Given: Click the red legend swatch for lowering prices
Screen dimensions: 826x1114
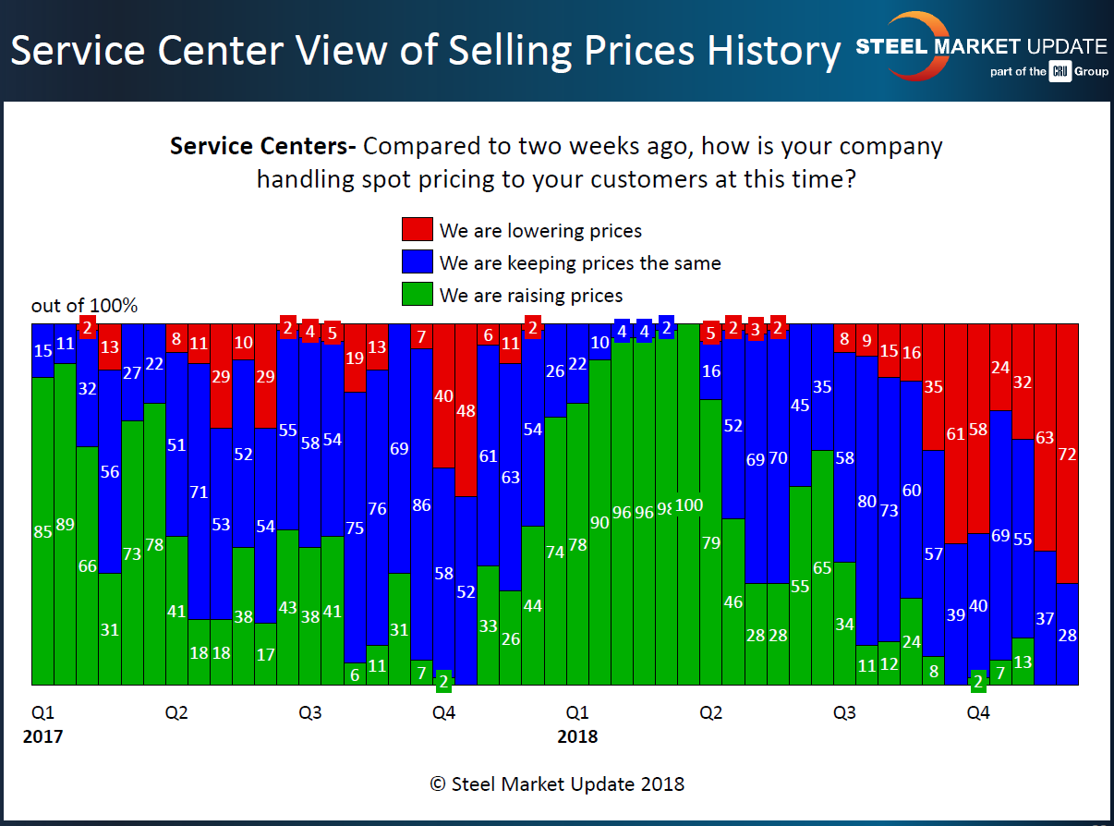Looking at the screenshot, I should tap(416, 230).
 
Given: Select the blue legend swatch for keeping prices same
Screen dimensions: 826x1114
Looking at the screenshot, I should tap(416, 262).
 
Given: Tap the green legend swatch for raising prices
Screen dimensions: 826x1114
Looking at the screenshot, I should tap(416, 295).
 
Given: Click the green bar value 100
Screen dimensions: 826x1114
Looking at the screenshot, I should tap(689, 505).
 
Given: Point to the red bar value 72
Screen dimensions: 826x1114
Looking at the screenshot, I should tap(1067, 454).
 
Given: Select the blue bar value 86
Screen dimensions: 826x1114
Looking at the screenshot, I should tap(421, 505).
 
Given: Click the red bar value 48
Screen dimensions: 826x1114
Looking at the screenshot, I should tap(466, 410).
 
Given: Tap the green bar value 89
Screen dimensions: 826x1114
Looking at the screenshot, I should tap(65, 525).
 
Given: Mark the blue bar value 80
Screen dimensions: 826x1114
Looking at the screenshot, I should tap(866, 502).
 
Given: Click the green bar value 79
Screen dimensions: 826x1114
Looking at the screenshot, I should tap(710, 542).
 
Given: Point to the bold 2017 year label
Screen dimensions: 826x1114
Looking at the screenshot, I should tap(42, 736).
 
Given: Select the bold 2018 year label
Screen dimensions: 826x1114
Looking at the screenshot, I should tap(577, 736).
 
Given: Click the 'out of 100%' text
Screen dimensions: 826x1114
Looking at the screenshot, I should tap(84, 306).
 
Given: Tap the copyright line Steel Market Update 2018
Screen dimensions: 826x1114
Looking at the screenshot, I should tap(557, 783).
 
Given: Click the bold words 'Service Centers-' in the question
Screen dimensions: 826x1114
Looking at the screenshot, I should tap(263, 146).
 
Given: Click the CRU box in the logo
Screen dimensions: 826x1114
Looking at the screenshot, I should tap(1059, 71).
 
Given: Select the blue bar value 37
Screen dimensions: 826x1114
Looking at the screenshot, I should tap(1045, 618).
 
